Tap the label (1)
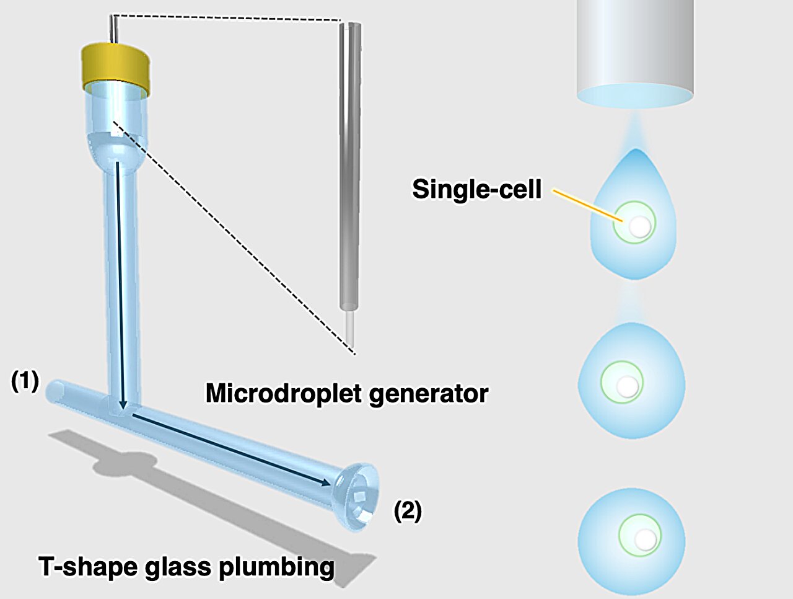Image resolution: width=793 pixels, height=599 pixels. pyautogui.click(x=25, y=381)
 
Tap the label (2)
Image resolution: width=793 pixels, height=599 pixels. pyautogui.click(x=408, y=511)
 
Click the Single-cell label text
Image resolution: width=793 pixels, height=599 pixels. pyautogui.click(x=476, y=189)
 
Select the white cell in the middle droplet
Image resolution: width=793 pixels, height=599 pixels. pyautogui.click(x=628, y=386)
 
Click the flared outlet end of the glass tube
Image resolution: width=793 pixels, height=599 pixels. pyautogui.click(x=355, y=496)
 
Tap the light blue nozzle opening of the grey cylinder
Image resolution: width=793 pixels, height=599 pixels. pyautogui.click(x=635, y=95)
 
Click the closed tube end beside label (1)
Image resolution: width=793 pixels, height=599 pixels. pyautogui.click(x=53, y=390)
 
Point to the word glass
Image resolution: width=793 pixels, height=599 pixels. pyautogui.click(x=177, y=567)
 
